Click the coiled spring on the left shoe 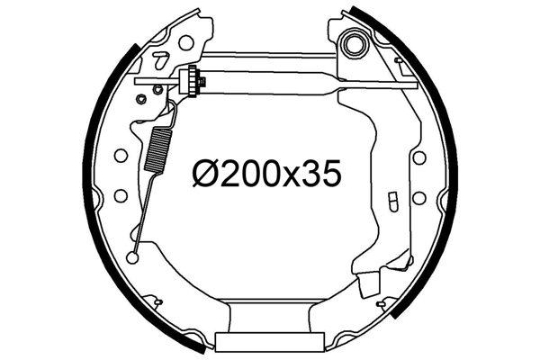(x=157, y=148)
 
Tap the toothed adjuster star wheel (x=189, y=81)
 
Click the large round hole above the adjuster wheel (x=186, y=42)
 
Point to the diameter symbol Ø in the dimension (x=205, y=173)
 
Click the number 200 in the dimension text (x=251, y=173)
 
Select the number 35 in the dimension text (x=325, y=173)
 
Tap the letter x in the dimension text (x=295, y=176)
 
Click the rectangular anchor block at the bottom (x=269, y=341)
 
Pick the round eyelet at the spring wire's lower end (x=132, y=257)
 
